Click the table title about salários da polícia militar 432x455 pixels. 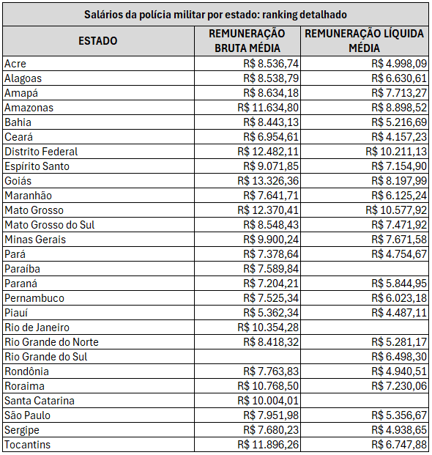click(216, 14)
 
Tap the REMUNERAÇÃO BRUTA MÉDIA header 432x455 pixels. click(247, 41)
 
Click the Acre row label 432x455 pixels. click(15, 64)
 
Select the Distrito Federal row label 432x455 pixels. click(41, 152)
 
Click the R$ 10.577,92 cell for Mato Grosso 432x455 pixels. click(396, 210)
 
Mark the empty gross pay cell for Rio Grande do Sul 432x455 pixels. click(247, 357)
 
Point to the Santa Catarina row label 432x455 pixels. click(40, 401)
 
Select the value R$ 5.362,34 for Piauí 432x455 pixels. click(271, 313)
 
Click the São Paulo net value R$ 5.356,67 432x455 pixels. click(399, 415)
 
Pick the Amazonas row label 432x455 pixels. click(29, 108)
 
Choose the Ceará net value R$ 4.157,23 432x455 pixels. click(399, 137)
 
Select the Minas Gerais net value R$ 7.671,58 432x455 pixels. click(399, 240)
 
